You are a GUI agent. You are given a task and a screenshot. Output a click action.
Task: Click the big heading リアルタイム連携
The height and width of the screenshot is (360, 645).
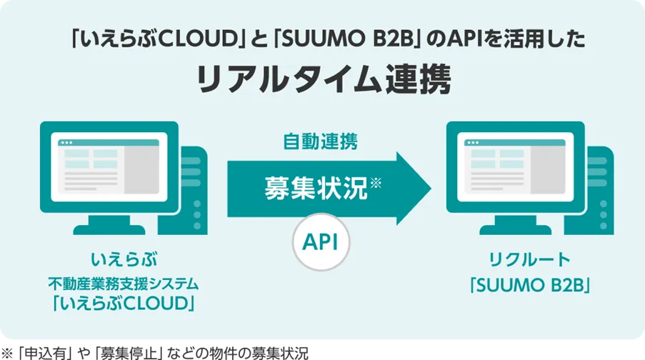tap(324, 79)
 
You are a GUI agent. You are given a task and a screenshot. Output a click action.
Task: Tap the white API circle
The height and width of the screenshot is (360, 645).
tap(321, 242)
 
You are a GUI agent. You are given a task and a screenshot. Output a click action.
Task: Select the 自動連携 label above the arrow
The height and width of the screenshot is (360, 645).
tap(321, 141)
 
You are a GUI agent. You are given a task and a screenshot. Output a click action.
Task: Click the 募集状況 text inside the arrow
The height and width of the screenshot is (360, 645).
tap(316, 189)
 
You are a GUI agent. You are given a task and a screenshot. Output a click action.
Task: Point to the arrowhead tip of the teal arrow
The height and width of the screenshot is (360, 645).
tap(431, 189)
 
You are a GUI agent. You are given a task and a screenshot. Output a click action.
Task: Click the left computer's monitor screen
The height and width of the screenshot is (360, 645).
tap(109, 167)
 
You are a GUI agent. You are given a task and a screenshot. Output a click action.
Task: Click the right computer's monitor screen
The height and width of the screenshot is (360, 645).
tap(516, 167)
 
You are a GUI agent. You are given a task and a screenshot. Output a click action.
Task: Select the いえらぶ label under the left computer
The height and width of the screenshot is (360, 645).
tap(124, 259)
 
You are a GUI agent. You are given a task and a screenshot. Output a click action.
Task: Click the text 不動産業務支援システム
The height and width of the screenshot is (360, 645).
tap(124, 284)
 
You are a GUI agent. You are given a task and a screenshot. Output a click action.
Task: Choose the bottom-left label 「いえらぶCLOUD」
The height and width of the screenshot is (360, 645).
tap(124, 304)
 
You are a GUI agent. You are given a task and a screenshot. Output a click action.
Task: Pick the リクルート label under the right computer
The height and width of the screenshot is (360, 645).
tap(530, 259)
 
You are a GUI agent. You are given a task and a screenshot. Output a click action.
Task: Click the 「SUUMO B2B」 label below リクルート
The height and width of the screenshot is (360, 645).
tap(530, 285)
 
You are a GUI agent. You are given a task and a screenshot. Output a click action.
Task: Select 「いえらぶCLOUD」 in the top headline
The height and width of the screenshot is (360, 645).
tap(156, 39)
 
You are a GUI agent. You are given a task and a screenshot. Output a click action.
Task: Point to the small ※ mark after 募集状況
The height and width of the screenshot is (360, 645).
tap(376, 183)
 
